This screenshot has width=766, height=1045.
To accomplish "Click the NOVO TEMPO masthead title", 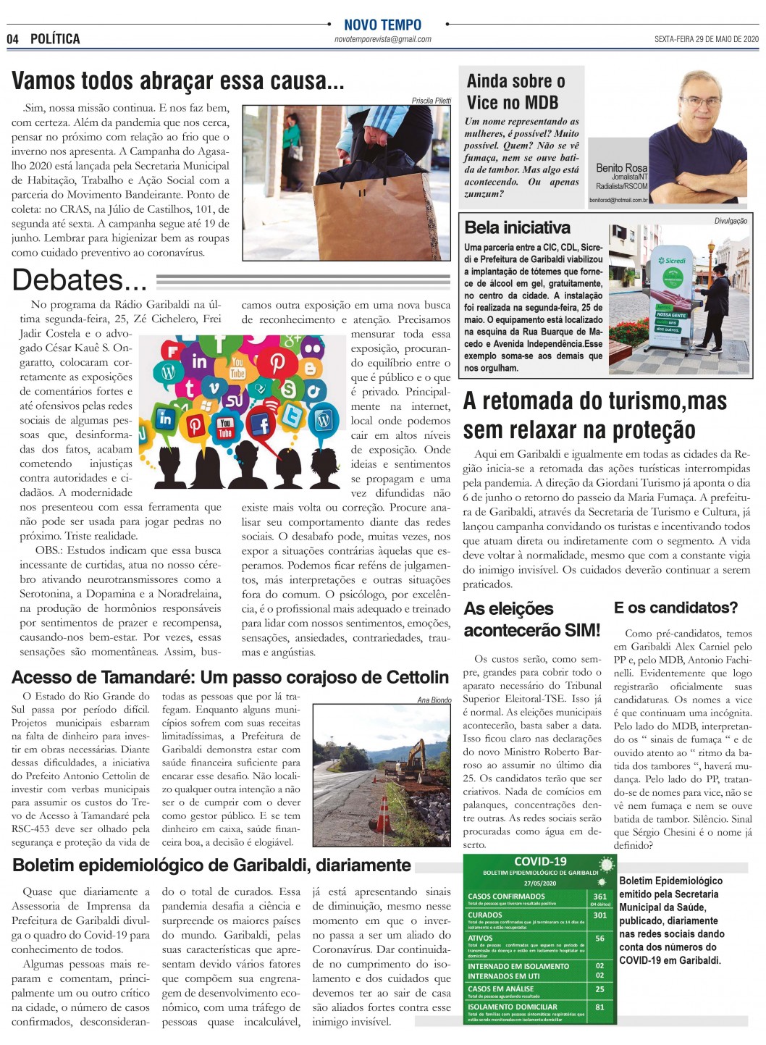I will point(382,25).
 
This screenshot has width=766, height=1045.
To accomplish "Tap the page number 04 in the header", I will point(12,39).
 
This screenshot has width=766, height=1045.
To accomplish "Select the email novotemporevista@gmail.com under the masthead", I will point(382,40).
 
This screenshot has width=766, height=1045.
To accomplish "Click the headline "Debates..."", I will point(80,280).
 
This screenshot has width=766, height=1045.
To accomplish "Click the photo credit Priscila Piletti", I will point(431,101).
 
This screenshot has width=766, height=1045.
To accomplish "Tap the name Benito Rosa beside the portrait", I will point(621,168).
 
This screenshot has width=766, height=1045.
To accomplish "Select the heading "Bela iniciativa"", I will point(517,227).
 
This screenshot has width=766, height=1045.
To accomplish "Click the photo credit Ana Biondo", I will point(434,700).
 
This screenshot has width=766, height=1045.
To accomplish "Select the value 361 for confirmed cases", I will point(599,896).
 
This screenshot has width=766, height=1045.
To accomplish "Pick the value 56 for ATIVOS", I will point(599,938).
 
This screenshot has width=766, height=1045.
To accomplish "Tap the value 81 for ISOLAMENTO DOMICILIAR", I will point(599,1007).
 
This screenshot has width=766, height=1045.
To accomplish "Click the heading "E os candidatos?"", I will point(675,608).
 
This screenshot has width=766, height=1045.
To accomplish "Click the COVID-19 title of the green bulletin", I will point(540,862).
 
